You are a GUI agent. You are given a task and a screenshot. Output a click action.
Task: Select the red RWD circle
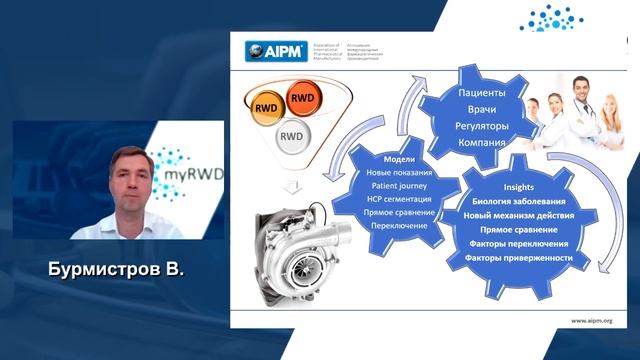coord(302,97)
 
